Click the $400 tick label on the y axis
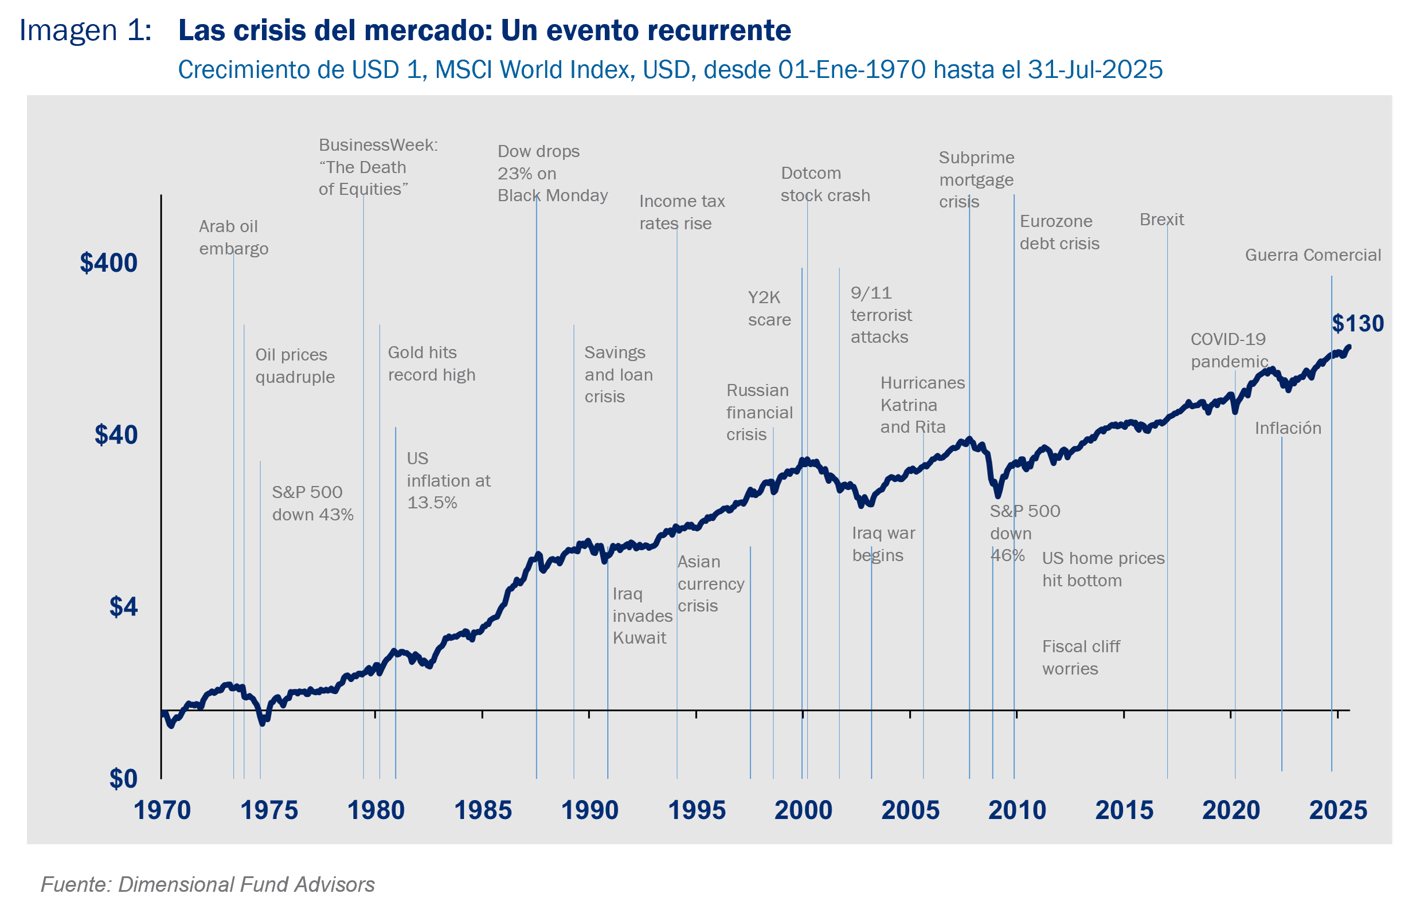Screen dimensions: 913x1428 point(108,262)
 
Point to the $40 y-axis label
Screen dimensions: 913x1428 point(116,435)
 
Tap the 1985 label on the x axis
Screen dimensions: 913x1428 point(483,810)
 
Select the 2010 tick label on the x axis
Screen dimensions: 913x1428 point(1017,810)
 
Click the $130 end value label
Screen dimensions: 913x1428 point(1357,324)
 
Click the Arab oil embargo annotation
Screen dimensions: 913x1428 point(234,237)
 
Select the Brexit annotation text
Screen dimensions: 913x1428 point(1161,220)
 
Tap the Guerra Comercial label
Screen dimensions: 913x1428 point(1312,256)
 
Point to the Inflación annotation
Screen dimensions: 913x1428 point(1288,429)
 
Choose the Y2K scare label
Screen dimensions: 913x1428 point(769,308)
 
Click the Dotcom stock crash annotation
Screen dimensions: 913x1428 point(825,185)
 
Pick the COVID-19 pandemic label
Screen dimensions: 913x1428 point(1229,350)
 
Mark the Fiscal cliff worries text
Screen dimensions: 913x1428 point(1081,657)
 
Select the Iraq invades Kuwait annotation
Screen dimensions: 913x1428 point(642,616)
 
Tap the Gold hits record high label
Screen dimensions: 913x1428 point(431,363)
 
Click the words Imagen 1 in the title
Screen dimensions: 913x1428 point(85,31)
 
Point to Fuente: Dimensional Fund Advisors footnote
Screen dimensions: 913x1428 point(208,884)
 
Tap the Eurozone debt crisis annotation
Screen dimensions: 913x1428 point(1059,232)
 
